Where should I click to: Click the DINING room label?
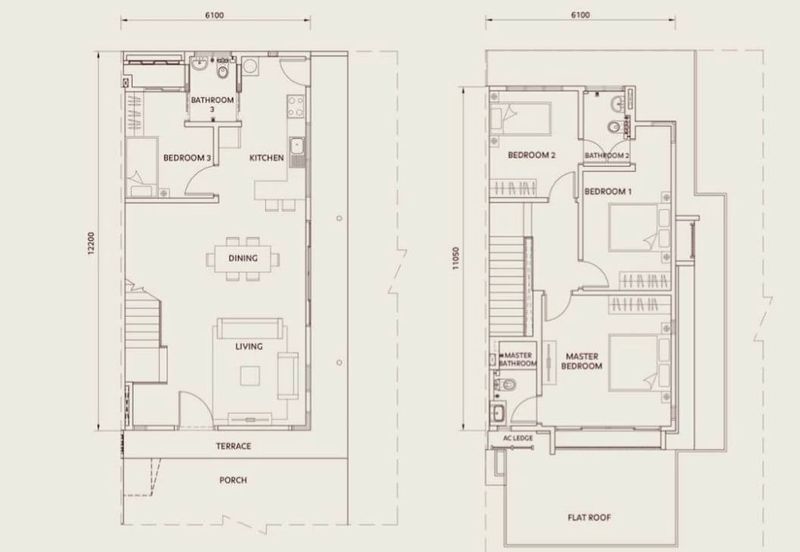click(x=243, y=258)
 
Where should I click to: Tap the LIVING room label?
click(x=249, y=346)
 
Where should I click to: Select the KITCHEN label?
click(x=266, y=158)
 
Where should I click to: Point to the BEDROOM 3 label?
click(x=187, y=158)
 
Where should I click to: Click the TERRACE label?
click(x=234, y=446)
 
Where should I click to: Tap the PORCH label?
click(x=233, y=480)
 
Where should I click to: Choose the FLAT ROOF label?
click(x=589, y=517)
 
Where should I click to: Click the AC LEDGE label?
click(x=518, y=438)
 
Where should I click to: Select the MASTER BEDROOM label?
click(x=582, y=361)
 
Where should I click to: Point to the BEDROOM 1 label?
click(x=608, y=191)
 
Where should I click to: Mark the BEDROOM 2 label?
click(x=532, y=155)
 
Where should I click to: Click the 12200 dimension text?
click(x=91, y=243)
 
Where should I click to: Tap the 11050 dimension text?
click(x=456, y=258)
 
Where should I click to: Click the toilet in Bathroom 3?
click(x=223, y=71)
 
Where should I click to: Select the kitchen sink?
click(x=296, y=147)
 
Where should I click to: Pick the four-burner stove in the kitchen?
click(x=296, y=107)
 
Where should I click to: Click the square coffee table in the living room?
click(x=250, y=375)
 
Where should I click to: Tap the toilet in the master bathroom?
click(x=506, y=384)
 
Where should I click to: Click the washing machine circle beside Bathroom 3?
click(x=250, y=66)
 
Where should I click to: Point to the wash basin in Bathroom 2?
click(x=617, y=104)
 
